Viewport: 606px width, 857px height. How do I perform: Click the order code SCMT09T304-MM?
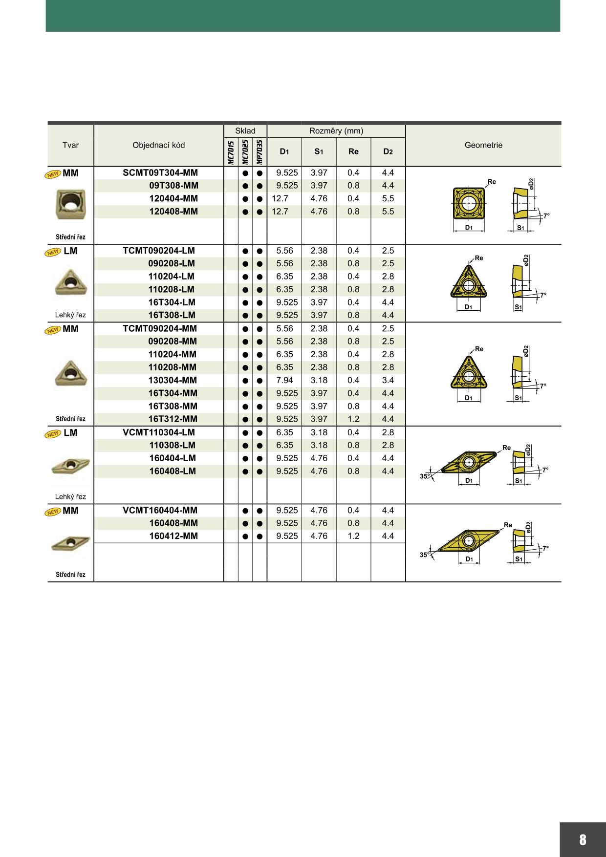160,173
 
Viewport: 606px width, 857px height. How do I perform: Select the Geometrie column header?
483,145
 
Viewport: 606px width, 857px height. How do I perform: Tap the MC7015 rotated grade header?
231,152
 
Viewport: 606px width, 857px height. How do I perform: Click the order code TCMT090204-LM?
159,251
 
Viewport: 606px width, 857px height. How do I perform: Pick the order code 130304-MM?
173,380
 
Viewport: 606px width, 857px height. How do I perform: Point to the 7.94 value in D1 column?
284,380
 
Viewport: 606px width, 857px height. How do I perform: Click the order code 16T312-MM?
173,419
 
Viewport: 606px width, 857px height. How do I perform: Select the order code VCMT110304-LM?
159,432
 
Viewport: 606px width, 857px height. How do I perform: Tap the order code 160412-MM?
173,536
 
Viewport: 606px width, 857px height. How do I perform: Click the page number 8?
583,839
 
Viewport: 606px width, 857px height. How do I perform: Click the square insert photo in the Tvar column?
70,204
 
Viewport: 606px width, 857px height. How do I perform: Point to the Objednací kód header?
158,145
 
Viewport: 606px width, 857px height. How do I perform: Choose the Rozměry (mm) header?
336,131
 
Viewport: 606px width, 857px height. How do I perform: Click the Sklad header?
245,131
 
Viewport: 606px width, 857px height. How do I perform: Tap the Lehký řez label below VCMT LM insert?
70,497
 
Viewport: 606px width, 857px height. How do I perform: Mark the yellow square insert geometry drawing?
469,203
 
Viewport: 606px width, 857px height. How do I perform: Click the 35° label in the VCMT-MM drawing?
425,555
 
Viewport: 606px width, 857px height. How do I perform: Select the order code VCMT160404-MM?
160,511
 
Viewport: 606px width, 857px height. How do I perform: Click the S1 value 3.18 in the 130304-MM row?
319,380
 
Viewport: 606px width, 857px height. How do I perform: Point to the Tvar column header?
70,145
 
